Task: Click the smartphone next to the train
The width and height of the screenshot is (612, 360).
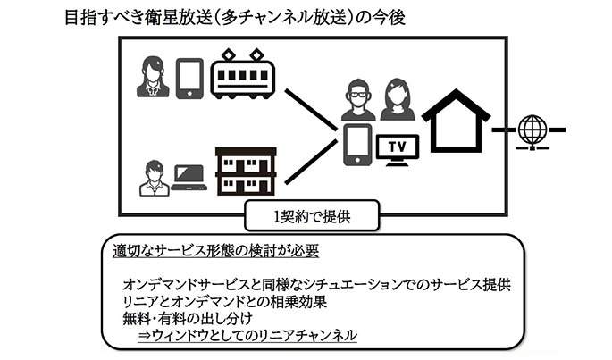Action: (189, 79)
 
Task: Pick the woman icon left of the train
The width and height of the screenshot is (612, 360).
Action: (152, 78)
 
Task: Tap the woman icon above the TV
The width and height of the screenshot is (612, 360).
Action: (397, 99)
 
